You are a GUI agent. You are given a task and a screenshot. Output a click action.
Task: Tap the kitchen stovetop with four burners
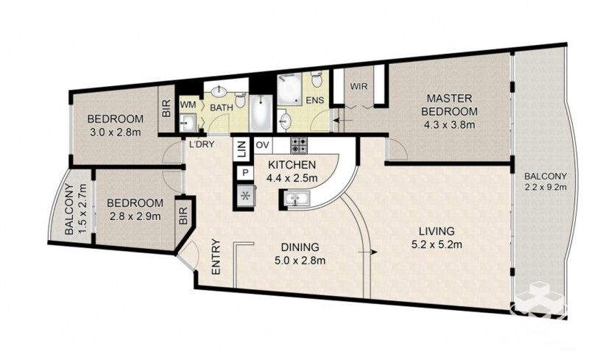tap(297, 144)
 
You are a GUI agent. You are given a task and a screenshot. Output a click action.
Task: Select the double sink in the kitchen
tap(297, 197)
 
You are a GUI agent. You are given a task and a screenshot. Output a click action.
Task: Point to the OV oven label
tap(261, 145)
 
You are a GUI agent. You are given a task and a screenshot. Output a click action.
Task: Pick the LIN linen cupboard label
tap(241, 151)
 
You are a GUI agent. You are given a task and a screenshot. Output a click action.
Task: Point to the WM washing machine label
tap(188, 106)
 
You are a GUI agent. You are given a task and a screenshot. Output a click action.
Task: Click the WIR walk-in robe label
tap(359, 87)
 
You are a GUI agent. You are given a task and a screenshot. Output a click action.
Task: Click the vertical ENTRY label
tap(216, 257)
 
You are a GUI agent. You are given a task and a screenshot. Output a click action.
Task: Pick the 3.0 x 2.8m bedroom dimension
tap(114, 133)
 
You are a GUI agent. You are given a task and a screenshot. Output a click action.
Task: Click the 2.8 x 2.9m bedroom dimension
tap(134, 216)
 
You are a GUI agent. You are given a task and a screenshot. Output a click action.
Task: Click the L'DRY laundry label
tap(201, 144)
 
